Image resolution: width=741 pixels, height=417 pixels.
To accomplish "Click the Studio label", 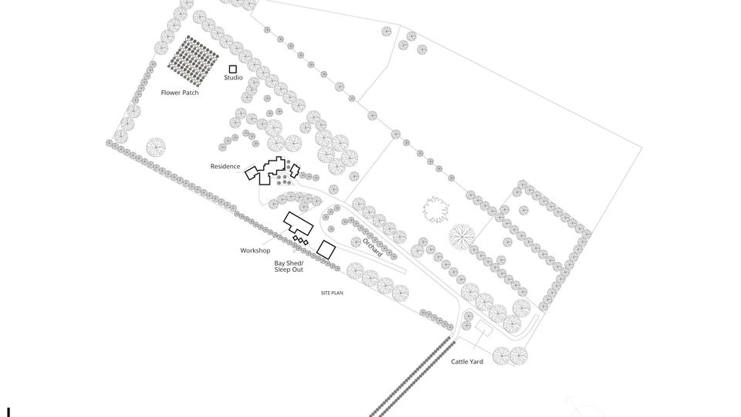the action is pos(233,77).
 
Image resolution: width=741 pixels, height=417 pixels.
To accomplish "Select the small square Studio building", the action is pos(232,69).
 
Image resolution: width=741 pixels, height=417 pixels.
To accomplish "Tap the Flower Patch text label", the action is pos(180,93).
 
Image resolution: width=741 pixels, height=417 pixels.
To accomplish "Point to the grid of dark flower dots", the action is pos(193,61).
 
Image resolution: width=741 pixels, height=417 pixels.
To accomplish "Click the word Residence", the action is pos(225,167).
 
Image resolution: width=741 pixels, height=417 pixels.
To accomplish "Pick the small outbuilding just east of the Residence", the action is pos(295,171).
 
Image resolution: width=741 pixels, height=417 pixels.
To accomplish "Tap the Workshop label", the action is pos(255,250).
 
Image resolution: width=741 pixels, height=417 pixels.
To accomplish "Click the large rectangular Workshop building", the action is pos(298,224).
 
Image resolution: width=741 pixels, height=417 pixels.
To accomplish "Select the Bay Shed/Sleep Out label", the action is pos(289,266).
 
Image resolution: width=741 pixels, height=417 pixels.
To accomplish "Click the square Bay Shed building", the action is pos(326,249).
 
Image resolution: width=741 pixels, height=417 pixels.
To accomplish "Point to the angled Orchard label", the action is pos(372,247).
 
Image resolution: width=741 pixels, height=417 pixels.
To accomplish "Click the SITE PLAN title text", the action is pos(332,293).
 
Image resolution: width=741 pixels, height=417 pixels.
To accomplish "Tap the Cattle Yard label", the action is pos(467,361).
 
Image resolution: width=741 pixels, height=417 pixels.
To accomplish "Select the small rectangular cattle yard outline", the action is pos(483,327).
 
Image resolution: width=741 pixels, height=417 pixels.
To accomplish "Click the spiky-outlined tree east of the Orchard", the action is pos(435,210).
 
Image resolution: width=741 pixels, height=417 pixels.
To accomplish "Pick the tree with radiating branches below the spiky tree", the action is pos(462,236).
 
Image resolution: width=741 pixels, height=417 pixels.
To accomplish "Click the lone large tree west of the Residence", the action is pos(156,147).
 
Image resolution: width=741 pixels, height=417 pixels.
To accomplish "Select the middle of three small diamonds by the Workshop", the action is pos(300,240).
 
